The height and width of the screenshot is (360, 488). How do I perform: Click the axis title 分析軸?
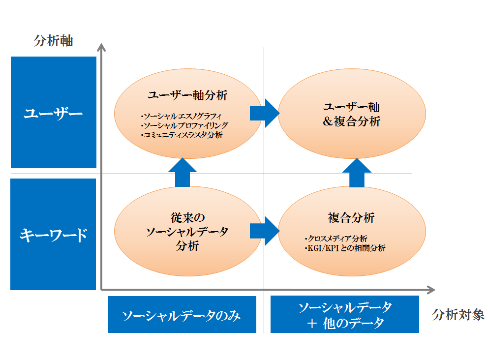point(54,41)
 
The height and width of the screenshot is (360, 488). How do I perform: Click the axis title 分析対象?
point(458,315)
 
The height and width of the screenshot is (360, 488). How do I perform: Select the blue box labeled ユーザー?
point(54,112)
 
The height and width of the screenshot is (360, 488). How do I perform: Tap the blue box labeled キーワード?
point(53,234)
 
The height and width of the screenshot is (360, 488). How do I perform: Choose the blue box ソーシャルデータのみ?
point(182,314)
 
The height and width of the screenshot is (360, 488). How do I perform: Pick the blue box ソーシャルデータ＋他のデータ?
point(344,314)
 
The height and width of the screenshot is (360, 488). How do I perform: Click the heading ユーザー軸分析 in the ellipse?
point(187,95)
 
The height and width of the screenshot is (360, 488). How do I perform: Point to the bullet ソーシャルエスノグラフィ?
point(181,117)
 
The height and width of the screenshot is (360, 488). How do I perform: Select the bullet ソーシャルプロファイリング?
point(184,126)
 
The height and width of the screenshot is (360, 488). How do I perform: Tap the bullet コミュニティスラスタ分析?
point(182,135)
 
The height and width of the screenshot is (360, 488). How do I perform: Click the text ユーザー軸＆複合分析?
point(351,114)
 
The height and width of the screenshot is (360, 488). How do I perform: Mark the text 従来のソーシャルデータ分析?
point(187,232)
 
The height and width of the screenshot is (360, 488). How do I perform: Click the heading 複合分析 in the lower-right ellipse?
point(351,218)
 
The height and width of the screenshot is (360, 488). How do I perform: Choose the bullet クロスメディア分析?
point(336,239)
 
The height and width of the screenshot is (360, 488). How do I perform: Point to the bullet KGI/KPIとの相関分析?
point(345,248)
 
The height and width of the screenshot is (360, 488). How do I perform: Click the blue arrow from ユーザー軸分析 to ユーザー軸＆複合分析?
point(265,113)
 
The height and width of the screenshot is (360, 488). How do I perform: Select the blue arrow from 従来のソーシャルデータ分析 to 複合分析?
point(265,231)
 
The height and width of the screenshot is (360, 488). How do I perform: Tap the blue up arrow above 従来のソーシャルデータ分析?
point(183,172)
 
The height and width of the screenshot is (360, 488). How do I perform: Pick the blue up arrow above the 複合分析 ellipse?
point(357,173)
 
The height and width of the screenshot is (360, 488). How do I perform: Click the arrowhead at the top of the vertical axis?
point(101,47)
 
